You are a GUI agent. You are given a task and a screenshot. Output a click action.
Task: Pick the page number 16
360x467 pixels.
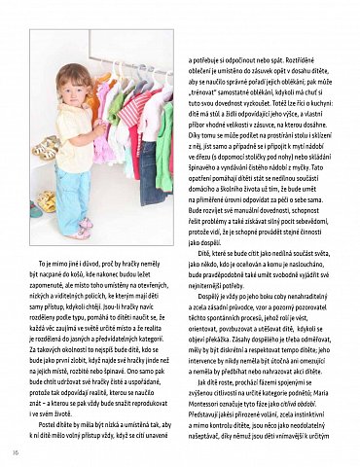point(15,449)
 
